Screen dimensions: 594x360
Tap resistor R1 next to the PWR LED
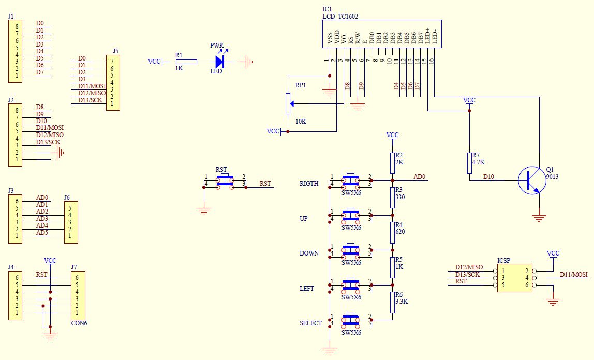(x=186, y=62)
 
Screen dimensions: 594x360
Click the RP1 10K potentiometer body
(x=288, y=103)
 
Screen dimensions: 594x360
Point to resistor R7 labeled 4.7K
(x=469, y=163)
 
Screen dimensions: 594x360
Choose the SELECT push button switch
(x=351, y=320)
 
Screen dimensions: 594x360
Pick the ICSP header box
(x=514, y=278)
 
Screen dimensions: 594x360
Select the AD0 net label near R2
(x=419, y=177)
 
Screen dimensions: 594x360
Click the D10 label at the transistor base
(x=488, y=177)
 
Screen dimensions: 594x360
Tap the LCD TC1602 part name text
(x=340, y=16)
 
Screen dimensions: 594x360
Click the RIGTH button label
(x=309, y=184)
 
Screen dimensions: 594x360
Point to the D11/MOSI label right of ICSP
(x=574, y=275)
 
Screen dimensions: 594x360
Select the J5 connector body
(x=113, y=83)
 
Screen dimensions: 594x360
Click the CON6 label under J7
(x=79, y=323)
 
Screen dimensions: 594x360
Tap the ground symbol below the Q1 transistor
(x=539, y=218)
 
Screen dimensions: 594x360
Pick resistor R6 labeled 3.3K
(x=392, y=303)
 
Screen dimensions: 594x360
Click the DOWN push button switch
(x=351, y=250)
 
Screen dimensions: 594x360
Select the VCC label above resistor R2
(x=392, y=135)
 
